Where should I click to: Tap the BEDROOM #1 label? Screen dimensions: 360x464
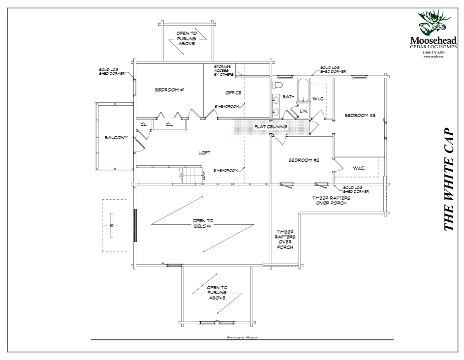169,90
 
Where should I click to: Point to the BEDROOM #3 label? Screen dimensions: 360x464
360,116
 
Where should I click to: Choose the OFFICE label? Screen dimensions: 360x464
233,92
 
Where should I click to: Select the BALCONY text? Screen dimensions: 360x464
116,138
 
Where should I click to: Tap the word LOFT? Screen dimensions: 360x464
204,152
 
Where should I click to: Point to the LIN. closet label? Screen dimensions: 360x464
304,111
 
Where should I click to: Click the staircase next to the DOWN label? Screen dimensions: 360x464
189,176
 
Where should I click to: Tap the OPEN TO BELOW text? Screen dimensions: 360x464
202,224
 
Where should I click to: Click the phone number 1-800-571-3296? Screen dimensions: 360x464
433,52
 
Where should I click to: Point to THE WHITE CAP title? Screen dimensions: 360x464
449,180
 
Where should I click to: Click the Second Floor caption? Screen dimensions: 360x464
242,337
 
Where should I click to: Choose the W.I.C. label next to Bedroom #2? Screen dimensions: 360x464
359,168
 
